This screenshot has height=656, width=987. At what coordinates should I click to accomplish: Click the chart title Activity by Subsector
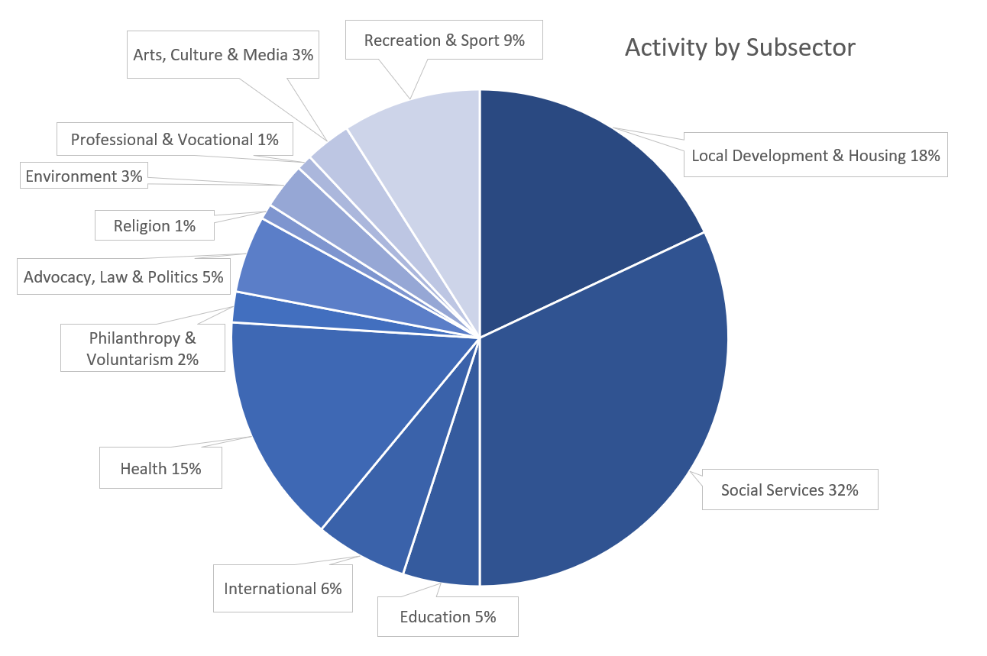[739, 47]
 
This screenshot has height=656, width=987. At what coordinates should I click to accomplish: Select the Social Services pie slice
[604, 412]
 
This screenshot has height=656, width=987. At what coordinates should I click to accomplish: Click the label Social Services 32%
[789, 490]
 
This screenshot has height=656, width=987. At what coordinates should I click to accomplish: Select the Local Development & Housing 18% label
[815, 156]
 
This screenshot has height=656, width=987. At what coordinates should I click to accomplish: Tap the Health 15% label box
[160, 468]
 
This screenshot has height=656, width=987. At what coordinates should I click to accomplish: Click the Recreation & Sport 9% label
[444, 40]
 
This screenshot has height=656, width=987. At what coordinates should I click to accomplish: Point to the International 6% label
[283, 589]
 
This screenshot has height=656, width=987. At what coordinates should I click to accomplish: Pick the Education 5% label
[448, 616]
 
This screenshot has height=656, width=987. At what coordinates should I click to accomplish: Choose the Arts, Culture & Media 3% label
[223, 55]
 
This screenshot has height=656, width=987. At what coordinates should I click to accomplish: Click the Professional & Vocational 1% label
[174, 140]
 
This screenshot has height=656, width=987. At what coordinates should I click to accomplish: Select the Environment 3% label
[84, 176]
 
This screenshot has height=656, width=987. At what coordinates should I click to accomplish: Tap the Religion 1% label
[154, 226]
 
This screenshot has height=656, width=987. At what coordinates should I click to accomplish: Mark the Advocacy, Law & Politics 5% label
[123, 277]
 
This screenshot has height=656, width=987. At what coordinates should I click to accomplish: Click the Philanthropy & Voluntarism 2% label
[143, 348]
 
